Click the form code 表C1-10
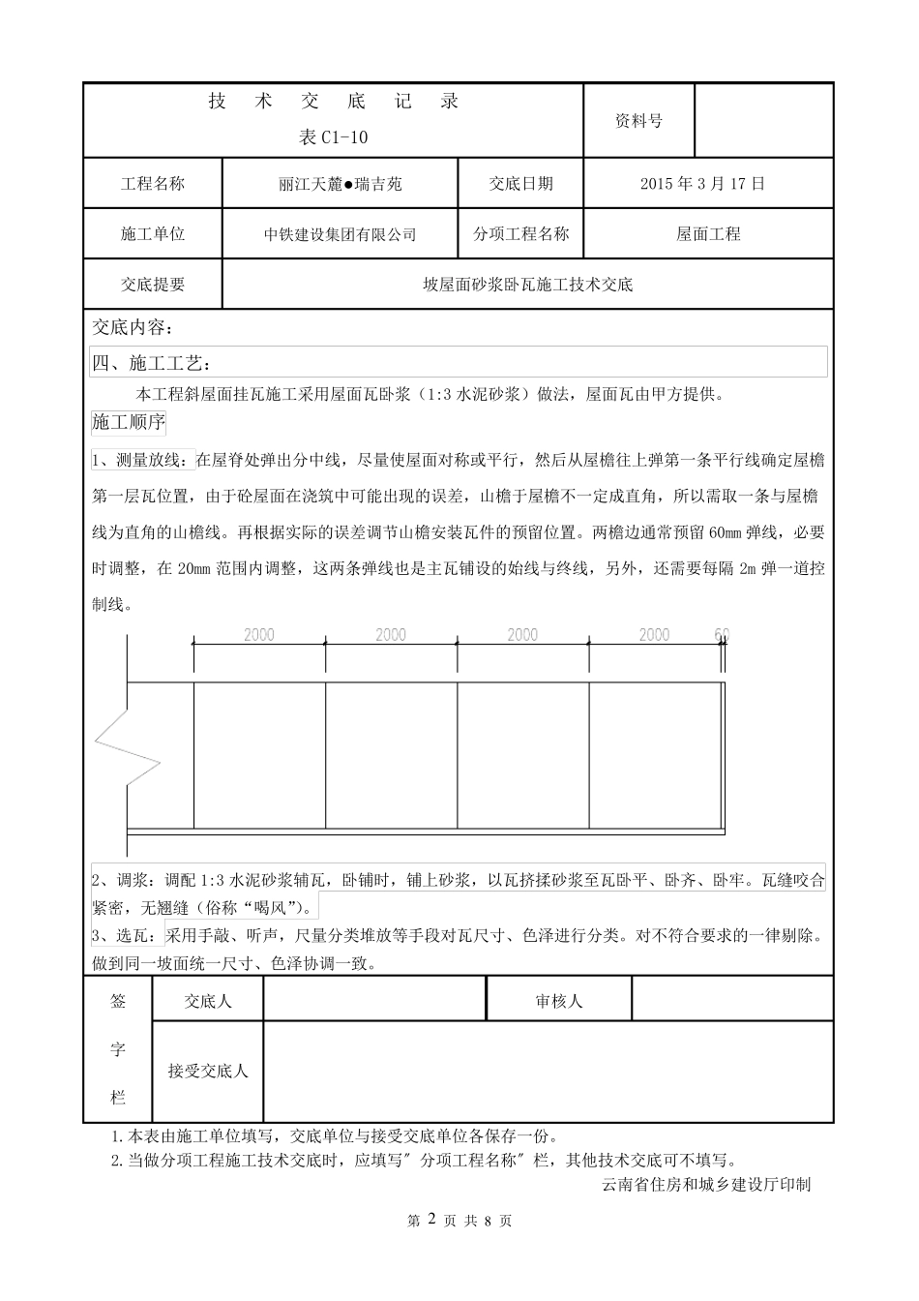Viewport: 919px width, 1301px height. (334, 137)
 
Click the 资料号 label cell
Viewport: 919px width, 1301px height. (638, 121)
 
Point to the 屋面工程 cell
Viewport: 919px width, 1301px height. (708, 233)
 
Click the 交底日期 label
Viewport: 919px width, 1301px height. (520, 183)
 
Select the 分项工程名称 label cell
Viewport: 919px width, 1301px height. (520, 233)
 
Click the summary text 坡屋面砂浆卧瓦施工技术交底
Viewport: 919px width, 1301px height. (527, 285)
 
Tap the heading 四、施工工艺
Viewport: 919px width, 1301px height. (150, 363)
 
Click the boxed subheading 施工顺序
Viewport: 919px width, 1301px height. (128, 422)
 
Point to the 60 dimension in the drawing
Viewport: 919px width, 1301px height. (722, 635)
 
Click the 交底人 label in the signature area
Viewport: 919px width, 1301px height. (208, 1001)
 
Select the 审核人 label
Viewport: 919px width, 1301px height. (559, 1001)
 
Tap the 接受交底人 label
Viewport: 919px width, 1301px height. (208, 1071)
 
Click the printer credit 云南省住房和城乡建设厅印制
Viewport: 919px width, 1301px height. (705, 1184)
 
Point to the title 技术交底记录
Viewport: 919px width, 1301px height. (334, 102)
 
